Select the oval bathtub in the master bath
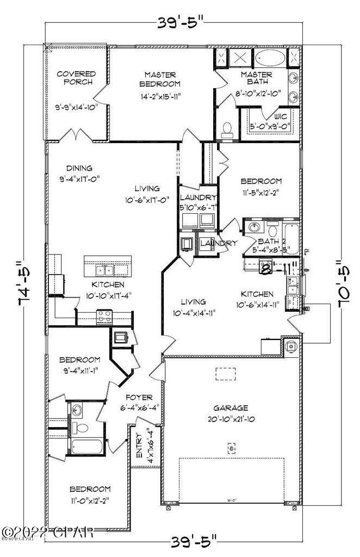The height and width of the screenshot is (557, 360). (270, 58)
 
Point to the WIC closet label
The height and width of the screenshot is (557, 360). (281, 116)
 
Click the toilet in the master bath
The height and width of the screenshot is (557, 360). (228, 128)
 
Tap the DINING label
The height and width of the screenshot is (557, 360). (79, 168)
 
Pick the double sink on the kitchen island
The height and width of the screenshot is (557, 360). (103, 270)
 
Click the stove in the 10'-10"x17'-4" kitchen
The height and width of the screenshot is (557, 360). (104, 317)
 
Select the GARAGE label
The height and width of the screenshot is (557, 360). (231, 407)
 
